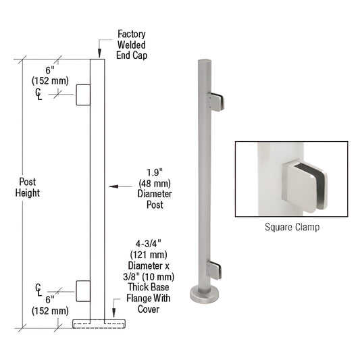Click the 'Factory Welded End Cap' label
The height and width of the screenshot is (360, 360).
coord(131,44)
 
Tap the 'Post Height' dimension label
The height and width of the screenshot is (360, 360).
coord(28,187)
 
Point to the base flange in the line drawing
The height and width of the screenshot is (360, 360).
coord(98,323)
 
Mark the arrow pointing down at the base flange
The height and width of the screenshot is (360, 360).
coord(114,311)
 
